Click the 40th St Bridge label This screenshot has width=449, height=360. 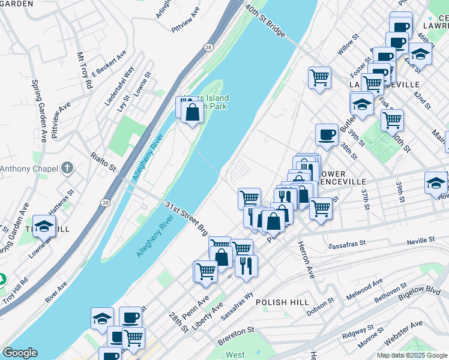pyautogui.click(x=264, y=22)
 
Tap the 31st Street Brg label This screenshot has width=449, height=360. pyautogui.click(x=186, y=218)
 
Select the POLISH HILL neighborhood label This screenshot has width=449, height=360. pyautogui.click(x=282, y=302)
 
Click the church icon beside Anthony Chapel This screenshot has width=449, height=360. pyautogui.click(x=67, y=169)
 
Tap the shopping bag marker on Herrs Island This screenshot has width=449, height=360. pyautogui.click(x=192, y=112)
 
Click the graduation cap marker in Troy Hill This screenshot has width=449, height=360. pyautogui.click(x=44, y=226)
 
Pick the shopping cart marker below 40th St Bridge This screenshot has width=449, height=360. pyautogui.click(x=319, y=77)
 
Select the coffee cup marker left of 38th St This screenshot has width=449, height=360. pyautogui.click(x=327, y=135)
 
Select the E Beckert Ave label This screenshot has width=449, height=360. pyautogui.click(x=109, y=63)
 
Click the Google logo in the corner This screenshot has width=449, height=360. pyautogui.click(x=20, y=353)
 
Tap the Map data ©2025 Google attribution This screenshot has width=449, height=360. pyautogui.click(x=411, y=355)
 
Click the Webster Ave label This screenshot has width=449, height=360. pyautogui.click(x=403, y=334)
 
